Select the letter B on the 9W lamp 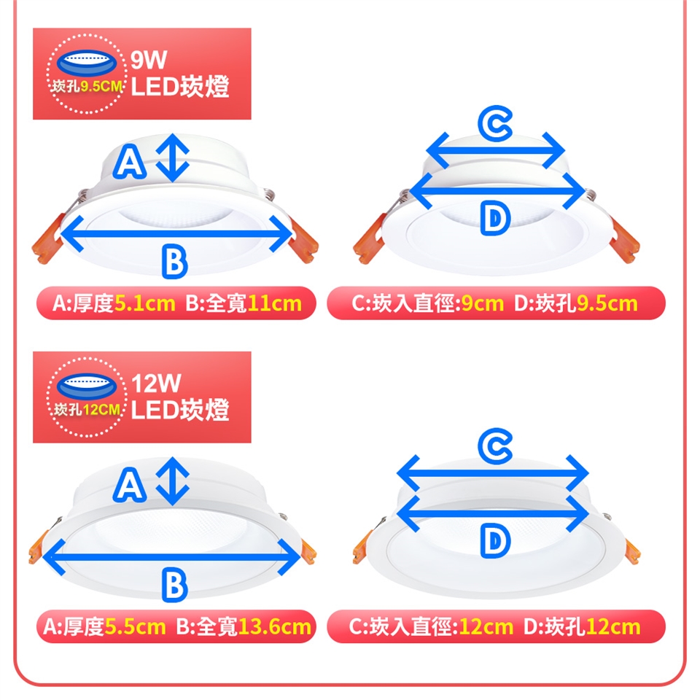click(174, 261)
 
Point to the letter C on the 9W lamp click(495, 125)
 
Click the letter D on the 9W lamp click(495, 218)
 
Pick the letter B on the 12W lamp click(174, 585)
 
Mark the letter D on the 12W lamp click(495, 541)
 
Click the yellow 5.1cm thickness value click(145, 303)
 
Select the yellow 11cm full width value click(274, 303)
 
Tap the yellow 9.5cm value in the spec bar click(607, 303)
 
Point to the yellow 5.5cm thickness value click(136, 626)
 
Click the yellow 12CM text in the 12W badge click(101, 410)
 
